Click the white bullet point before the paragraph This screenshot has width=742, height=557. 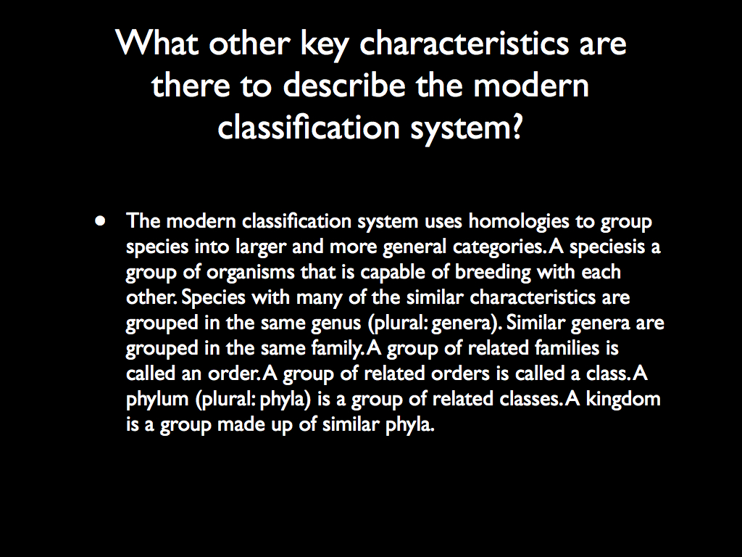pos(101,220)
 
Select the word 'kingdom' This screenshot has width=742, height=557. pos(623,399)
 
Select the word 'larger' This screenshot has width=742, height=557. pos(260,247)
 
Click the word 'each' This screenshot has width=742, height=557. pos(598,272)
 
